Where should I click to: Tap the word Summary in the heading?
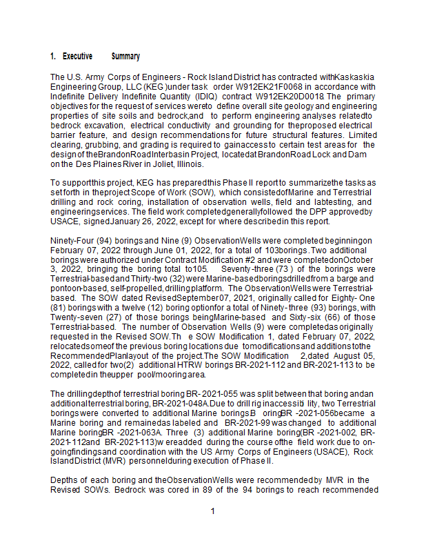click(125, 57)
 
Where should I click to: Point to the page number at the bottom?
click(213, 511)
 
